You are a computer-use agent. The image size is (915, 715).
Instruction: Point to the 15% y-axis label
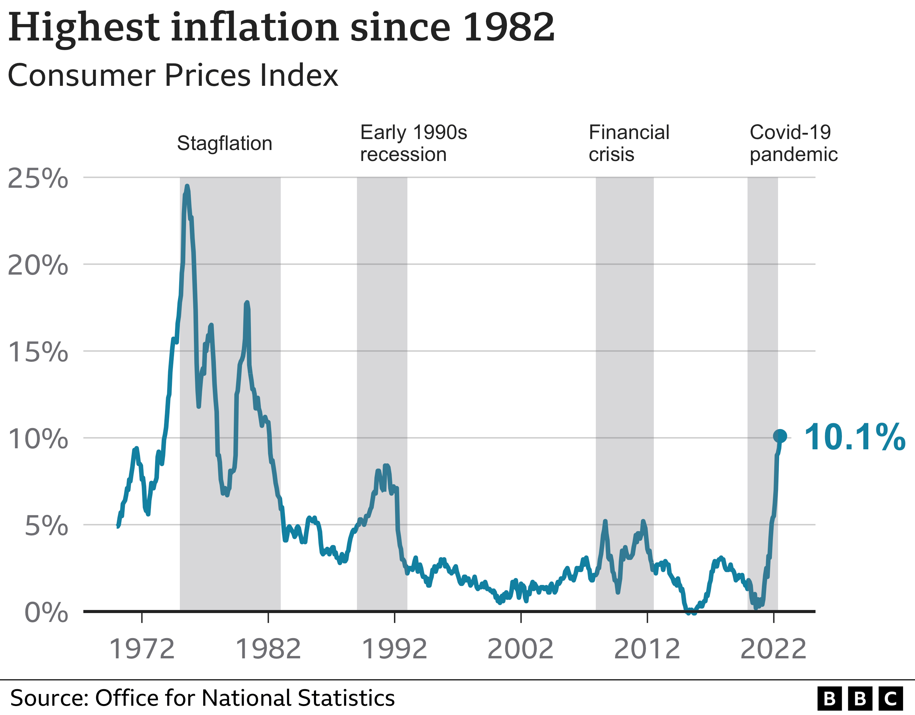(38, 352)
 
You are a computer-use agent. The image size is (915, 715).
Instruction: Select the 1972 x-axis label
(142, 649)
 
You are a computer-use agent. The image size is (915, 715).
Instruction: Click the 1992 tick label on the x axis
(394, 649)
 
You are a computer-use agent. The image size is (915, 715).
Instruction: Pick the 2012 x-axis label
(647, 649)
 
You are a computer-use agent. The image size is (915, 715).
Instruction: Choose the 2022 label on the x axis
(773, 649)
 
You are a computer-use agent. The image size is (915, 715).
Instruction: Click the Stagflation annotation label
(224, 143)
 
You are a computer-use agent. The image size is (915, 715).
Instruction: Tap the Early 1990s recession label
(413, 143)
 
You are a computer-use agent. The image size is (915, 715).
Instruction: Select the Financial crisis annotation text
(628, 143)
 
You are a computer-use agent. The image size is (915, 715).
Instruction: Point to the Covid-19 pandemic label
(793, 143)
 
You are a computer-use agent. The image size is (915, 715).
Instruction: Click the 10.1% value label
(854, 438)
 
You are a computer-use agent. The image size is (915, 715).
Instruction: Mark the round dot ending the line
(780, 436)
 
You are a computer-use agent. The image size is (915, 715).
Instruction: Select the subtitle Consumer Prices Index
(173, 76)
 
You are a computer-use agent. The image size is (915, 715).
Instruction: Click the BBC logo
(860, 699)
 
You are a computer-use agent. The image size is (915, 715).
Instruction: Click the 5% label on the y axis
(46, 526)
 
